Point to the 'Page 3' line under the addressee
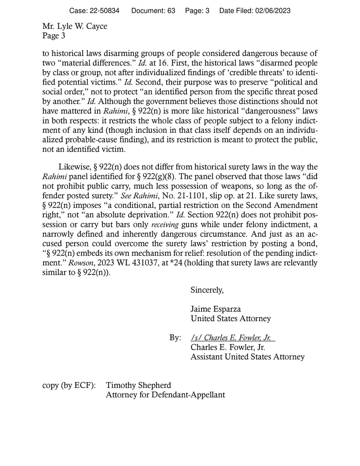click(54, 36)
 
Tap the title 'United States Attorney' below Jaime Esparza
click(230, 318)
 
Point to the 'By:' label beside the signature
click(175, 338)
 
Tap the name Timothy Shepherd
click(139, 386)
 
